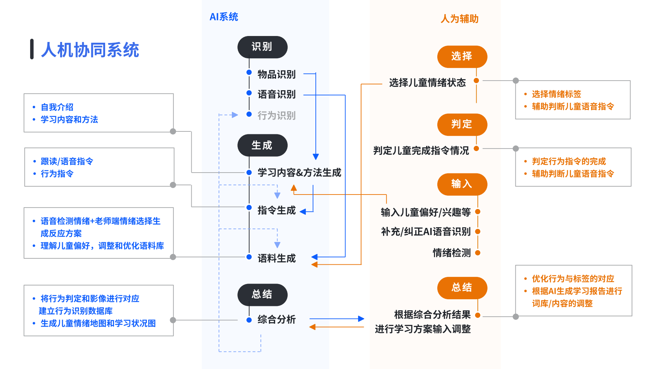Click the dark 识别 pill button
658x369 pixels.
(x=262, y=47)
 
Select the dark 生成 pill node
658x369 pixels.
(x=262, y=145)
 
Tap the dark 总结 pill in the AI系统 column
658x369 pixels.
(x=262, y=295)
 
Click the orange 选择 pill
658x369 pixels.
(x=462, y=56)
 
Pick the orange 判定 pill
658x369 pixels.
(x=462, y=124)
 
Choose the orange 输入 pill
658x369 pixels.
(x=462, y=184)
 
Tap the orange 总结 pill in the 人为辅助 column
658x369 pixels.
(x=462, y=288)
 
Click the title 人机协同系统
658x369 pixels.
(x=90, y=50)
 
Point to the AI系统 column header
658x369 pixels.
(x=224, y=17)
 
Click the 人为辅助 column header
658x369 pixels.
(x=459, y=19)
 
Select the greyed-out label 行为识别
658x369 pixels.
(x=276, y=115)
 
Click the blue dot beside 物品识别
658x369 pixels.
(x=249, y=72)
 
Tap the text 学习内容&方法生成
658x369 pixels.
(x=299, y=173)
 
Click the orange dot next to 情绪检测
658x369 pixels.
(x=478, y=253)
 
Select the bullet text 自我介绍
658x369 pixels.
(x=57, y=107)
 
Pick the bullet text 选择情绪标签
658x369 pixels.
(x=556, y=94)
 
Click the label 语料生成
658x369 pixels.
(x=276, y=258)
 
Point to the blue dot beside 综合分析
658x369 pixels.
(x=249, y=320)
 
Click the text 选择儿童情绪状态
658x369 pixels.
(x=427, y=82)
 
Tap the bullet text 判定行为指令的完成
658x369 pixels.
(x=568, y=161)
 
